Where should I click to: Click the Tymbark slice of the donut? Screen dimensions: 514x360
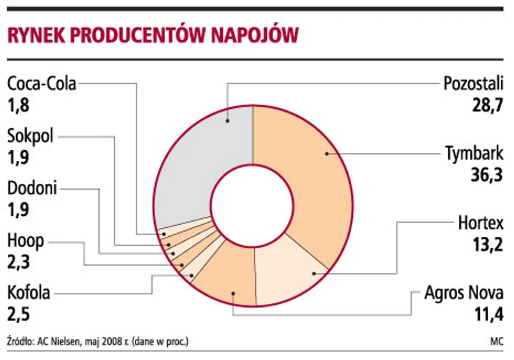click(x=312, y=170)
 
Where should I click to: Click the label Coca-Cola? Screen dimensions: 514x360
click(x=42, y=84)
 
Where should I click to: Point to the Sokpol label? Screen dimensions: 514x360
click(x=30, y=136)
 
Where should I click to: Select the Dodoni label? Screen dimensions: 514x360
click(x=32, y=188)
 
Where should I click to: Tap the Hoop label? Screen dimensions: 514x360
click(x=26, y=241)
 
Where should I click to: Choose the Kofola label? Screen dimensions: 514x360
click(x=29, y=293)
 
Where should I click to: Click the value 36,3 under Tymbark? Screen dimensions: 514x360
click(x=487, y=175)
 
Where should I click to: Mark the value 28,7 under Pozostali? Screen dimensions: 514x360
click(x=487, y=105)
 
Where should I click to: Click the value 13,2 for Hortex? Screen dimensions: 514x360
click(x=487, y=244)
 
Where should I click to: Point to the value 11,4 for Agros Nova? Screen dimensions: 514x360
click(x=488, y=315)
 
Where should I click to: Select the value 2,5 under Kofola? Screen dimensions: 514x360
click(x=19, y=315)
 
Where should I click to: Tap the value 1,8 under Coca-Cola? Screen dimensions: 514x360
click(x=19, y=105)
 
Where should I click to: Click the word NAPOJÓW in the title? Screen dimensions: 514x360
click(x=255, y=34)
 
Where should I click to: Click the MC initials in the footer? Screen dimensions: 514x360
click(x=497, y=341)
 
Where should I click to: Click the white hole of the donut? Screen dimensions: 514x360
click(x=252, y=206)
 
